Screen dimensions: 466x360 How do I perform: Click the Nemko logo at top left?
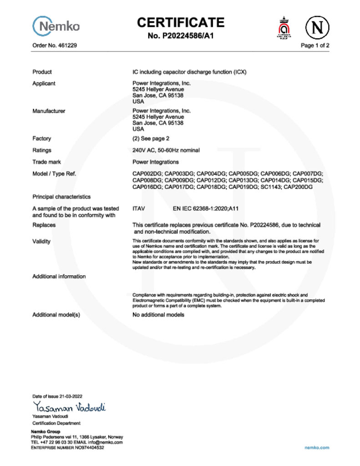[56, 26]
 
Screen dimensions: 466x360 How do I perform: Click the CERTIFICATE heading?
[181, 22]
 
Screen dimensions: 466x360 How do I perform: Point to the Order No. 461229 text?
[51, 46]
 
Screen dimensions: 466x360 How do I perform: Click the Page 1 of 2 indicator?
[315, 46]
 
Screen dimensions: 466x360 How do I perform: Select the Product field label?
[42, 72]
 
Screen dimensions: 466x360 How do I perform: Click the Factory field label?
[41, 138]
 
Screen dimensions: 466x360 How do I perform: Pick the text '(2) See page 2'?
[151, 138]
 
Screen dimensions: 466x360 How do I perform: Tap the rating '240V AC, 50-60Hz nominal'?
[166, 150]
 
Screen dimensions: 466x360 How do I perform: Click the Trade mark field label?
[46, 162]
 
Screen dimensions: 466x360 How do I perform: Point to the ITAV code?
[139, 208]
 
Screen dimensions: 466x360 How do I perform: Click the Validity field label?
[41, 241]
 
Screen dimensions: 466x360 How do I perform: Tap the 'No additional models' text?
[158, 315]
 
